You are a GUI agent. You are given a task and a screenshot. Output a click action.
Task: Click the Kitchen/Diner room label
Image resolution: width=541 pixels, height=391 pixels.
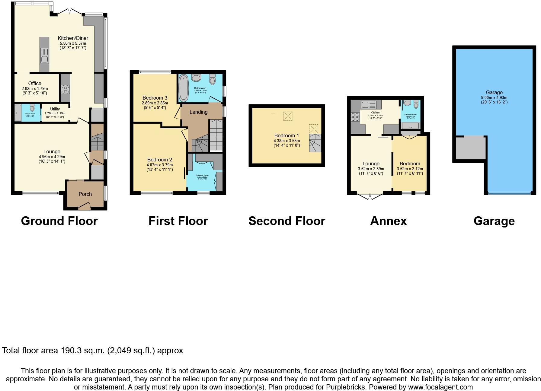pyautogui.click(x=73, y=38)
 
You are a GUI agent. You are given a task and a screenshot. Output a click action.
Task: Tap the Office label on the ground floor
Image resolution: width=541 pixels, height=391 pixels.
pyautogui.click(x=35, y=83)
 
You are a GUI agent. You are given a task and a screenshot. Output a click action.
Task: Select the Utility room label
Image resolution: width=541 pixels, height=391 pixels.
pyautogui.click(x=55, y=109)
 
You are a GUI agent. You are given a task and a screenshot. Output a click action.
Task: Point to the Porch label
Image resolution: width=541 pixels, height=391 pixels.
pyautogui.click(x=85, y=194)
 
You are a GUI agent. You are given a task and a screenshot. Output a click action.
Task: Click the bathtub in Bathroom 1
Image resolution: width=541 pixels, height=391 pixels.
pyautogui.click(x=184, y=88)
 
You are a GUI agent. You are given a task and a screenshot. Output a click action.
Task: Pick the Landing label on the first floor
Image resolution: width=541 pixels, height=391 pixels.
pyautogui.click(x=198, y=112)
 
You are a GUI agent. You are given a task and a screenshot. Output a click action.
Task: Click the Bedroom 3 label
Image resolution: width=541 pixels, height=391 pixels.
pyautogui.click(x=155, y=98)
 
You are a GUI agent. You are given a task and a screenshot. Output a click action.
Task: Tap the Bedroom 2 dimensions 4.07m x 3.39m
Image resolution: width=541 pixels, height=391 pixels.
pyautogui.click(x=160, y=165)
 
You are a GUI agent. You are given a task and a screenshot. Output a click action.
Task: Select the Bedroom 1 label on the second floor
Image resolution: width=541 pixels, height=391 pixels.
pyautogui.click(x=287, y=135)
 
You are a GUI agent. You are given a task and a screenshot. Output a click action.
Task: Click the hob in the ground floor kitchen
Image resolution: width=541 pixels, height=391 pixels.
pyautogui.click(x=65, y=89)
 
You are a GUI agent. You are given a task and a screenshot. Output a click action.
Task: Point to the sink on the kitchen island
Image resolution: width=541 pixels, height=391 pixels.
pyautogui.click(x=44, y=56)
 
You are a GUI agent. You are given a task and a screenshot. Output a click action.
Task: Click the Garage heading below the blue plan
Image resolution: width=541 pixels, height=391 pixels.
pyautogui.click(x=494, y=221)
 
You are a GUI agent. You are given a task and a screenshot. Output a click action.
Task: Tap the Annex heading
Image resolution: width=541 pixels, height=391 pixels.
pyautogui.click(x=388, y=221)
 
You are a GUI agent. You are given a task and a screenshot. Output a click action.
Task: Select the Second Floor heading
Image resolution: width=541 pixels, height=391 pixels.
pyautogui.click(x=287, y=221)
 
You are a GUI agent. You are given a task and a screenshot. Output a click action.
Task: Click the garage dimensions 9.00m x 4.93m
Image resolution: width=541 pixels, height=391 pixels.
pyautogui.click(x=494, y=97)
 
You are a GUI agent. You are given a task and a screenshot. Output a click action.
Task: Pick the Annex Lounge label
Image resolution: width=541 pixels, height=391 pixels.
pyautogui.click(x=371, y=164)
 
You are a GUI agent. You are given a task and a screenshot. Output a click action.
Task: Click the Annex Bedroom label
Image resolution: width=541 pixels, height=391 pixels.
pyautogui.click(x=410, y=164)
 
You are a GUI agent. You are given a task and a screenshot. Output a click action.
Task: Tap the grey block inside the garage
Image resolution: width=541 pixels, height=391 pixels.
pyautogui.click(x=470, y=148)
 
